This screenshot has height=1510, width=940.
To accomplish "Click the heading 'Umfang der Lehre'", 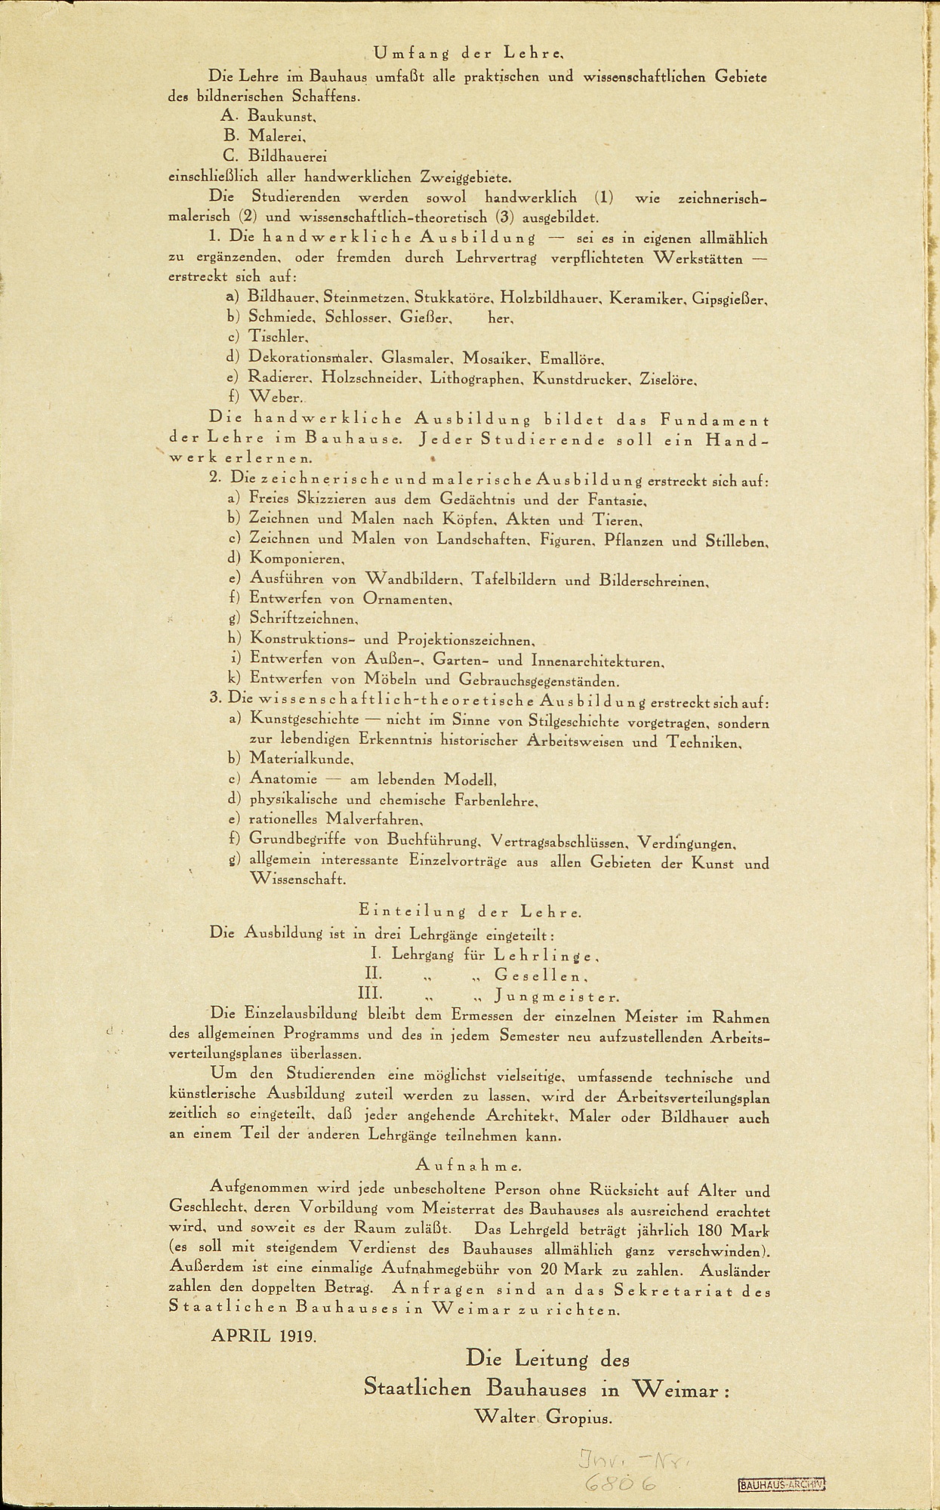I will coord(469,54).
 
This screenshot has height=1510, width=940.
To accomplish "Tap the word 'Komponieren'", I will coord(296,559).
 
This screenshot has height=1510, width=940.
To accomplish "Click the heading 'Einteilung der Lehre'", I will coord(470,912).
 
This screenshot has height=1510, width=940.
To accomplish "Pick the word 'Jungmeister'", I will coord(557,997).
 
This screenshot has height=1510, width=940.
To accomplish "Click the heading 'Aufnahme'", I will coord(468,1166).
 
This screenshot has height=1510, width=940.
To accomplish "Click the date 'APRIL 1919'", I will coord(264,1335).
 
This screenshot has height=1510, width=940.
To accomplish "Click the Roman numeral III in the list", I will coord(370,995).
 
